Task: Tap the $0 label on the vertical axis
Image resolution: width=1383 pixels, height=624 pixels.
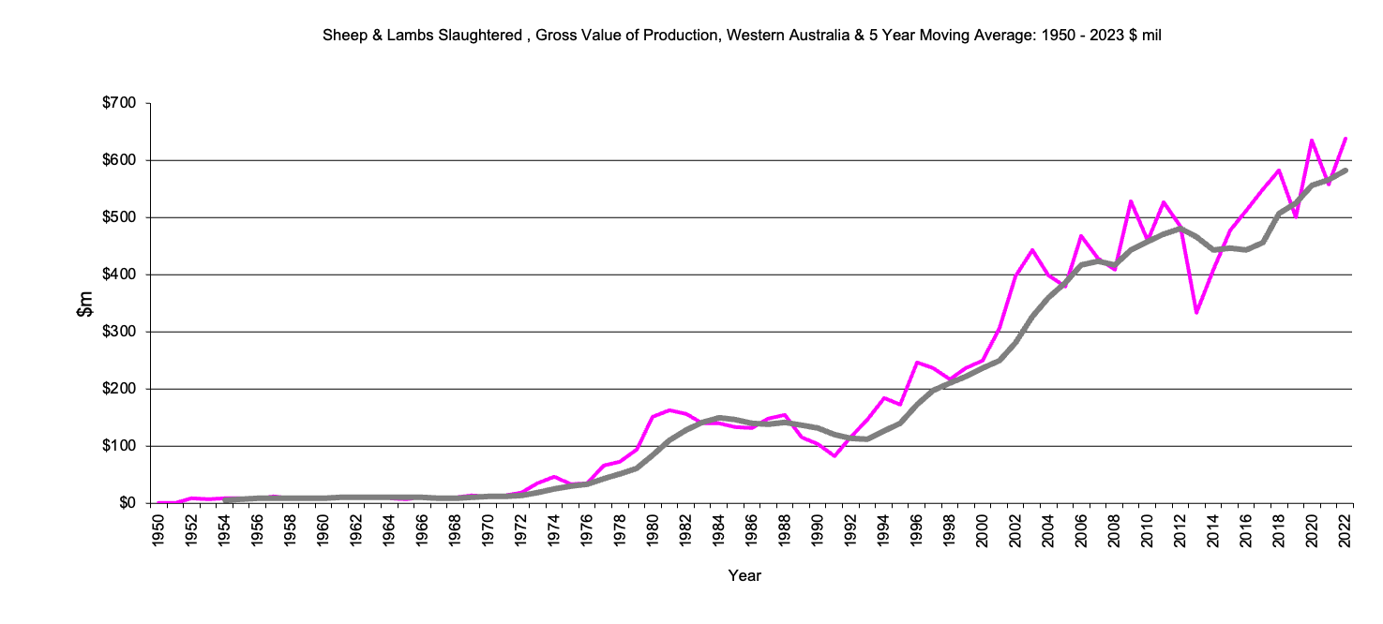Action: (127, 503)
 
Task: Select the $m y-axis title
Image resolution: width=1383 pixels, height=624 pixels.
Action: (85, 304)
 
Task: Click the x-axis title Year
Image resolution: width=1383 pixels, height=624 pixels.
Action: (744, 576)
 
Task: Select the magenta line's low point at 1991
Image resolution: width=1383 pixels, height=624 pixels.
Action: (834, 455)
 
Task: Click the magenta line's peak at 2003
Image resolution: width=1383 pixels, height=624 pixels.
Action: (1032, 250)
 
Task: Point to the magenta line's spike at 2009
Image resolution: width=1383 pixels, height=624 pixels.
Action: (1132, 201)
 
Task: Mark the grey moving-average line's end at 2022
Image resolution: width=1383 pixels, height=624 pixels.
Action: (1345, 171)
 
